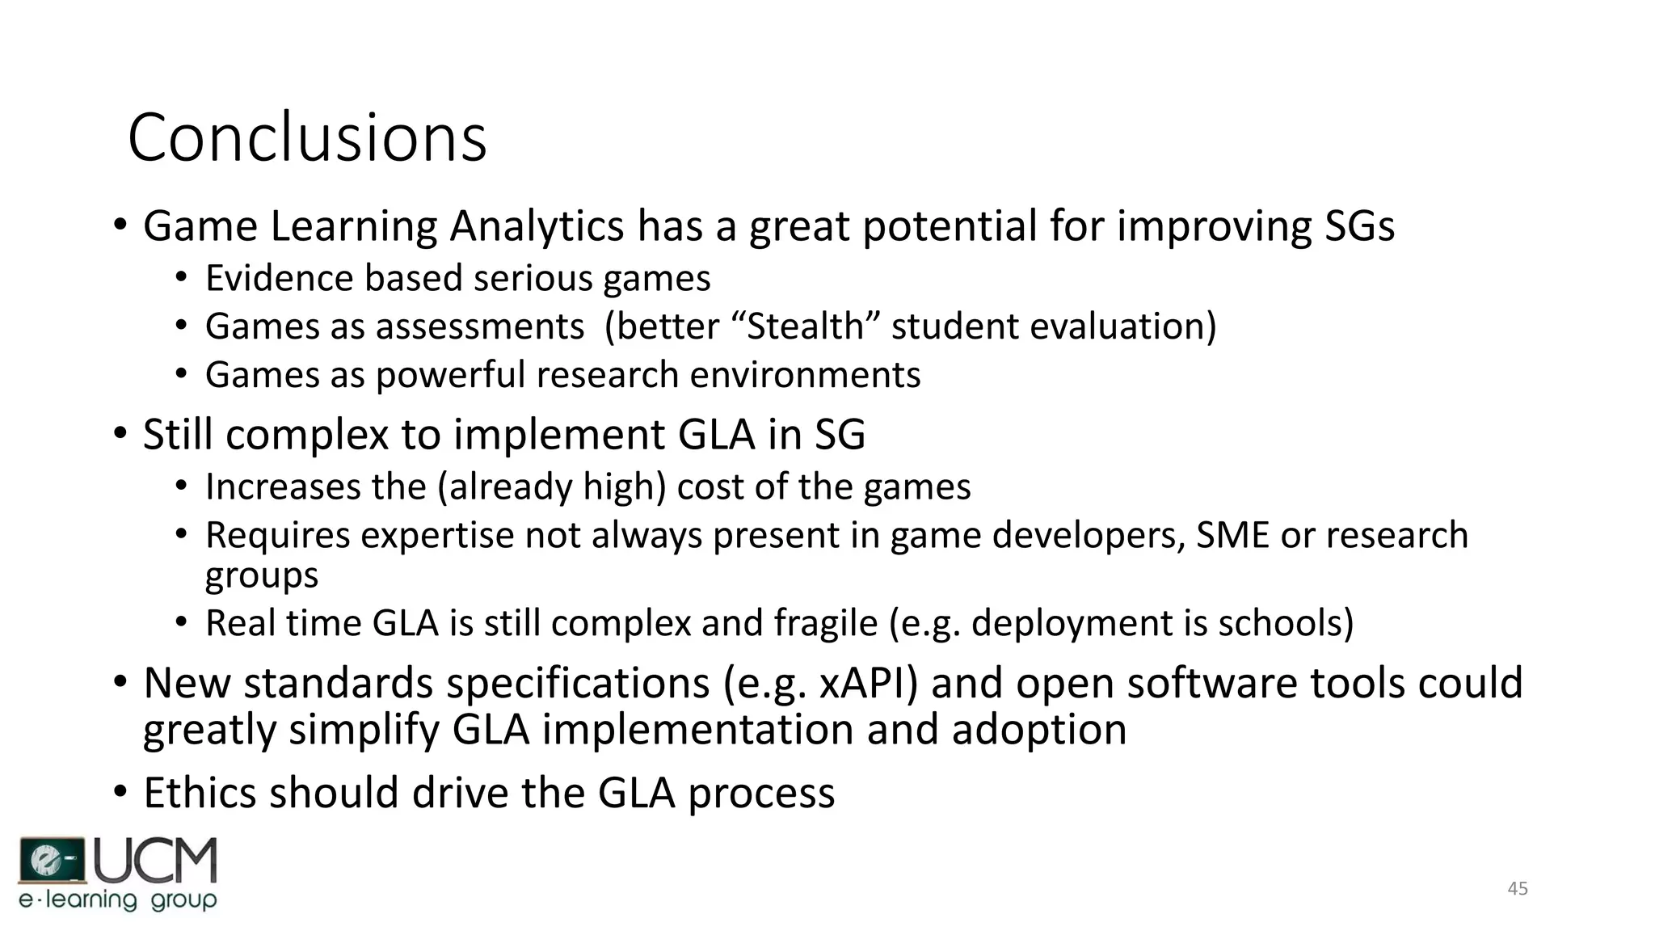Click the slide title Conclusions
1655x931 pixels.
[x=307, y=137]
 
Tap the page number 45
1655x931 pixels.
[x=1518, y=889]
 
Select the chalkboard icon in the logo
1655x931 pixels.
[x=51, y=861]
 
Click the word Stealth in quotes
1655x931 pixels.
[x=805, y=326]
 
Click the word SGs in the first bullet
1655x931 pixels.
[x=1359, y=225]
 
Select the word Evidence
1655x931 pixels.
[x=280, y=278]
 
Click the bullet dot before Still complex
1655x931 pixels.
[x=120, y=434]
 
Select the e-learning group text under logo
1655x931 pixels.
[x=118, y=900]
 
